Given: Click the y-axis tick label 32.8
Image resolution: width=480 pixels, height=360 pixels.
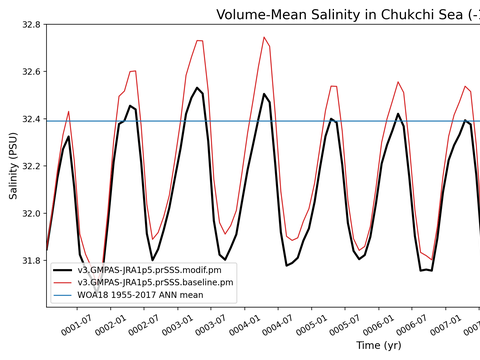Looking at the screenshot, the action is click(31, 25).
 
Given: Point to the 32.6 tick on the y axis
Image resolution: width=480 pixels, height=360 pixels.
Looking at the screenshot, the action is click(31, 72).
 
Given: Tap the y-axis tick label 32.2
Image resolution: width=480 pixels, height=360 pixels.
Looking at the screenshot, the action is click(31, 166).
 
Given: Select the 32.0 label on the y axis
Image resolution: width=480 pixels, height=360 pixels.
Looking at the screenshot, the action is click(31, 213).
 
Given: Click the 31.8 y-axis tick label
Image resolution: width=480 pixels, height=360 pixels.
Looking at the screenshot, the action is click(31, 260).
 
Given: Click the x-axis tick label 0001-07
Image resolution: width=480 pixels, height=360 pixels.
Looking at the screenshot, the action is click(76, 325).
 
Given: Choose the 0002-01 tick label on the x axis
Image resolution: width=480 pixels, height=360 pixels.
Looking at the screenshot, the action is click(110, 325).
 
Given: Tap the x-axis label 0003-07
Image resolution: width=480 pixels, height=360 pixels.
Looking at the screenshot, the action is click(211, 325).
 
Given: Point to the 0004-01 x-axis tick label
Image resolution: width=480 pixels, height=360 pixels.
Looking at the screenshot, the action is click(244, 325).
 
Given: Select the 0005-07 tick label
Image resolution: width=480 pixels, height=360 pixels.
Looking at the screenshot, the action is click(345, 325).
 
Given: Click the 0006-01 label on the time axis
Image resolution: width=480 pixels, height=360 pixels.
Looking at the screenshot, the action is click(378, 325).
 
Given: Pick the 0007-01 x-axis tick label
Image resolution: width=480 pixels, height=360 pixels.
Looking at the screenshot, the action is click(446, 325).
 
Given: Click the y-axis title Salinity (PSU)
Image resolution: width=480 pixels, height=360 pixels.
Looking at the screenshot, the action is click(13, 166).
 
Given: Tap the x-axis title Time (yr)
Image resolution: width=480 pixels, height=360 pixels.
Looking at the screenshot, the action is click(379, 345).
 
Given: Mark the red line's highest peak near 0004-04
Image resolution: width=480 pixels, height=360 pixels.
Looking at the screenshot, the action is click(264, 37).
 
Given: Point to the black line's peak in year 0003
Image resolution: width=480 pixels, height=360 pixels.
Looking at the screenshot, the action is click(197, 88).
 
